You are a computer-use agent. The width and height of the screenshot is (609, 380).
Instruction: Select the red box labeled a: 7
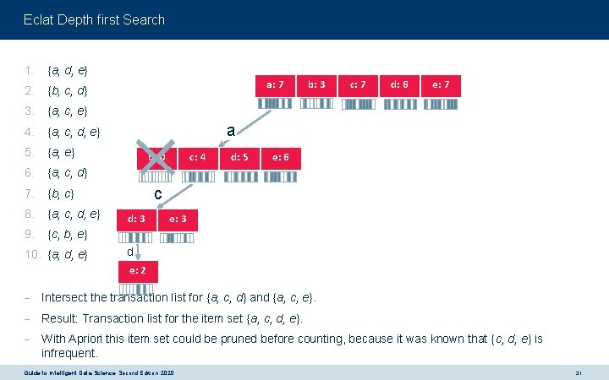[281, 84]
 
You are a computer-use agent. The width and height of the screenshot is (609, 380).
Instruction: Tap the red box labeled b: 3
[317, 84]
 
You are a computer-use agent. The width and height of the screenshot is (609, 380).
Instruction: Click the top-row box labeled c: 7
[358, 84]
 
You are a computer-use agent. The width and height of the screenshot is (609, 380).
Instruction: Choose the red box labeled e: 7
[442, 84]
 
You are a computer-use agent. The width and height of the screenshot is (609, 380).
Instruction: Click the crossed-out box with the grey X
[157, 157]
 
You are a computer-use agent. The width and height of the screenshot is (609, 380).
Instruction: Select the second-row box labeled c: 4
[198, 157]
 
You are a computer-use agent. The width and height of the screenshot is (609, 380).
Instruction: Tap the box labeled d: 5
[239, 157]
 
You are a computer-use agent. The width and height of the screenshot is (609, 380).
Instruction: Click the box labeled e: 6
[280, 157]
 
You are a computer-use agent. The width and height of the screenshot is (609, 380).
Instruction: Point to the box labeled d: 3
[136, 220]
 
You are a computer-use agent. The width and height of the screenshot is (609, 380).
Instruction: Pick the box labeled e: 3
[178, 220]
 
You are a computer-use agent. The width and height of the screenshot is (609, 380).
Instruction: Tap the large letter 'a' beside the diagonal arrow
[229, 129]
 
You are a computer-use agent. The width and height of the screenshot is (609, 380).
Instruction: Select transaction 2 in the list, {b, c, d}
[68, 90]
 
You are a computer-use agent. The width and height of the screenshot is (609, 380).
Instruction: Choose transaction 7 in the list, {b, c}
[61, 193]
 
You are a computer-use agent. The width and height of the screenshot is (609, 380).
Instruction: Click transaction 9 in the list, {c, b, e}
[68, 234]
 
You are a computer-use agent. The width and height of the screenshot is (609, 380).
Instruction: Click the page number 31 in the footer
[579, 373]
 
